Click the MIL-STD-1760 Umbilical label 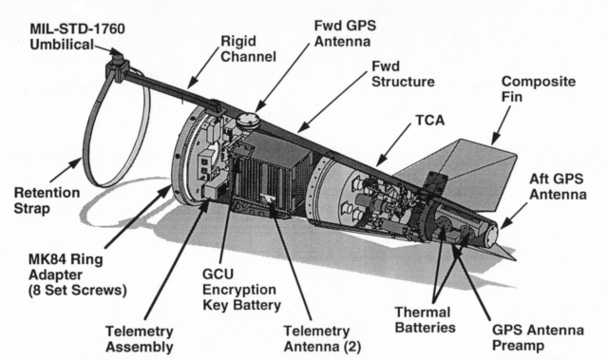(x=78, y=37)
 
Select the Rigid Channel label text (x=248, y=48)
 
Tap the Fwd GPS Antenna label (x=345, y=33)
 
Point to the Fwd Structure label (x=403, y=74)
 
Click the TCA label (x=430, y=121)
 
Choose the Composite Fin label (x=539, y=89)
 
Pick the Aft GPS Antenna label (x=558, y=186)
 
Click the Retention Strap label (x=47, y=200)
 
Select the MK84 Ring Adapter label (x=78, y=275)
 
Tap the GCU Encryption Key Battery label (x=241, y=290)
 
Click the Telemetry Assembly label (x=140, y=339)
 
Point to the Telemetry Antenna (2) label (x=322, y=339)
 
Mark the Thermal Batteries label (x=425, y=320)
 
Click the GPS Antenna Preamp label (x=538, y=337)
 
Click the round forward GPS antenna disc (x=248, y=119)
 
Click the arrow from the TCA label (x=393, y=145)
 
